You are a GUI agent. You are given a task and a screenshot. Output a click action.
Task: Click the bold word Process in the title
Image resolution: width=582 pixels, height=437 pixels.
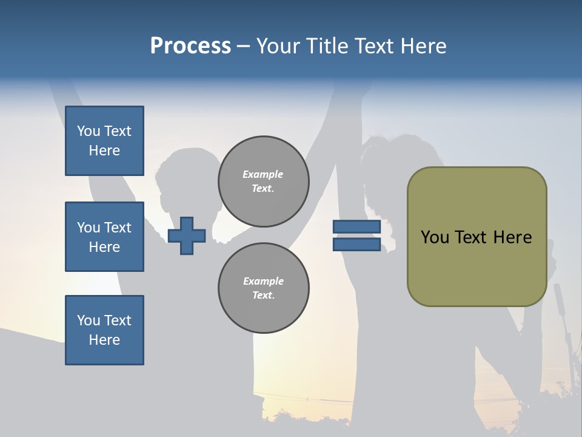[x=190, y=46]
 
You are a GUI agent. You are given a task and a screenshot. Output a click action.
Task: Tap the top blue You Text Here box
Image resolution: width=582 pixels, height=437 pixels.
[x=104, y=141]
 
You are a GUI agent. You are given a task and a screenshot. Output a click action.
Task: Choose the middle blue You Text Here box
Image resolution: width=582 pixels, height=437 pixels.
[x=104, y=237]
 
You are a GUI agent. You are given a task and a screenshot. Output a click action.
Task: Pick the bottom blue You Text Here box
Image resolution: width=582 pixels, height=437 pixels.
[x=104, y=330]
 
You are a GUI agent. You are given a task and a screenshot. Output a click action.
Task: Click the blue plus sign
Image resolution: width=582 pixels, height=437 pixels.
[x=187, y=235]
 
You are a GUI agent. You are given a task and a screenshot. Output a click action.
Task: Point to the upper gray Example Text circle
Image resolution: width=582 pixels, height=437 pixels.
[x=263, y=181]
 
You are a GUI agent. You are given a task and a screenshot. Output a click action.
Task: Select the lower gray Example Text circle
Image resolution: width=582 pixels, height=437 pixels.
[x=263, y=288]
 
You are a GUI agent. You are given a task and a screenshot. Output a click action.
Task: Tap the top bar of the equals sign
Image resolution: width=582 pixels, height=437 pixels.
[x=356, y=226]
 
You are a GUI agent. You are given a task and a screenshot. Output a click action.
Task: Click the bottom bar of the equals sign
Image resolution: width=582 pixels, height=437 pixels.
[x=356, y=245]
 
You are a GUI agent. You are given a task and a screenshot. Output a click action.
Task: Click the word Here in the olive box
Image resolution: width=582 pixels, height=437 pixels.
[x=512, y=237]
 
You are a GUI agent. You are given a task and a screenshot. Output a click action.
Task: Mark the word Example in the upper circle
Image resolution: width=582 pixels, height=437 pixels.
[x=263, y=175]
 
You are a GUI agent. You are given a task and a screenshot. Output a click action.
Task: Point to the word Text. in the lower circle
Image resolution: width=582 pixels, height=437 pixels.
[x=263, y=296]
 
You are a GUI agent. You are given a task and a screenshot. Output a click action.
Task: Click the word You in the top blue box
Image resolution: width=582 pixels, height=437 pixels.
[x=89, y=131]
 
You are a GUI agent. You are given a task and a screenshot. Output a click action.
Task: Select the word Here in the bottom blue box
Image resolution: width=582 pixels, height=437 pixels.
[x=104, y=340]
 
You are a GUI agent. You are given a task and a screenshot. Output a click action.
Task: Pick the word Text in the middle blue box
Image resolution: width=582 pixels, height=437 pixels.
[x=118, y=228]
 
